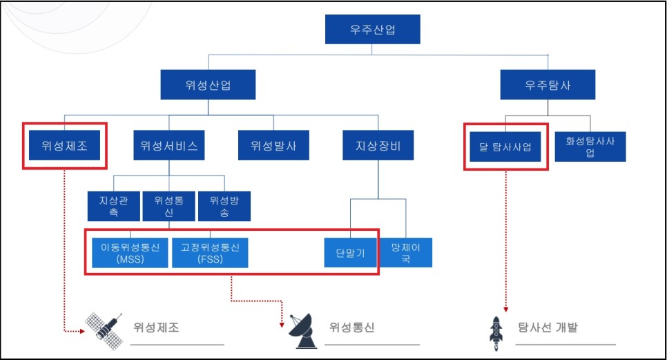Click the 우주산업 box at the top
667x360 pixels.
pos(373,30)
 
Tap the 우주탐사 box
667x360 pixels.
pos(548,86)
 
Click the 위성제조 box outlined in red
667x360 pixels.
pos(65,146)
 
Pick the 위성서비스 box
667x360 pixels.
pos(168,146)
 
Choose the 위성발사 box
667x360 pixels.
pos(274,146)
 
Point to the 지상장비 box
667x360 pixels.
pos(378,146)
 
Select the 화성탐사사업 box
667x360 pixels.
pos(590,146)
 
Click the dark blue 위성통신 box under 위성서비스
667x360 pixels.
pos(168,206)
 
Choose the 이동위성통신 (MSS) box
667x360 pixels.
pos(130,252)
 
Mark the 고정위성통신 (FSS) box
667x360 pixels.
pos(211,252)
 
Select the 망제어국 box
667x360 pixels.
pos(407,252)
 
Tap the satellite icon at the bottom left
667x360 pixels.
pos(105,328)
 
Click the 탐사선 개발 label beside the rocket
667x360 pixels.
pos(548,327)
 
